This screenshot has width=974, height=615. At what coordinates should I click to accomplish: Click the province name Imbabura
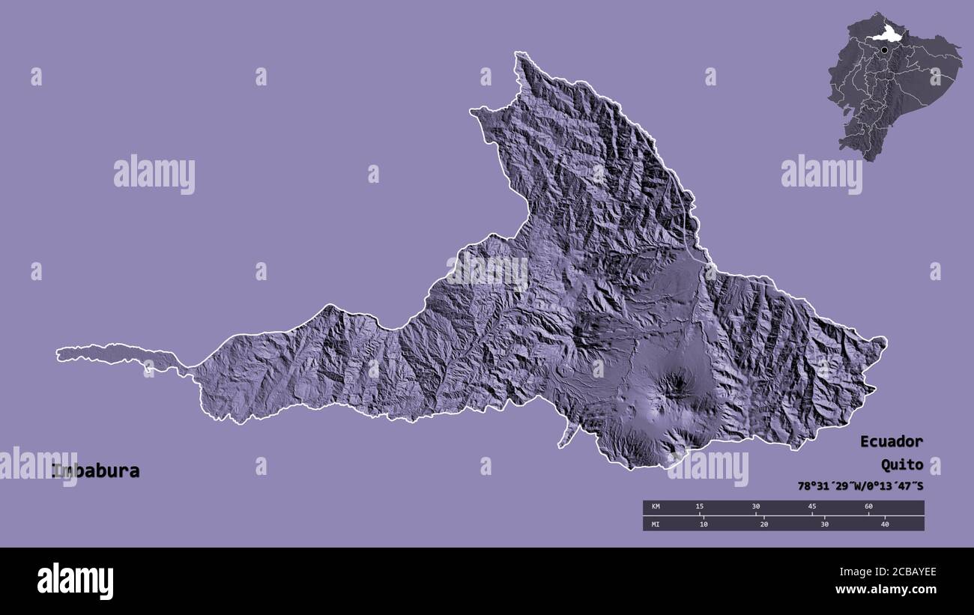96,471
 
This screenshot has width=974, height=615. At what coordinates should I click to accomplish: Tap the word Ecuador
891,441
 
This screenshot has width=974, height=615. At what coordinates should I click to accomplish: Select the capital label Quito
901,464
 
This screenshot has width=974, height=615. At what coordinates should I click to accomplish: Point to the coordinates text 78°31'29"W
829,486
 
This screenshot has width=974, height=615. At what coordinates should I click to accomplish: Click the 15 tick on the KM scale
699,507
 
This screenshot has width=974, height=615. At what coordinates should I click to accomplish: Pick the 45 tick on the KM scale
812,507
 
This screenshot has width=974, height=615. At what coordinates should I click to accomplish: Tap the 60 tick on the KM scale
868,507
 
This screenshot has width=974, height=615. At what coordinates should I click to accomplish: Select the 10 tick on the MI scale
704,524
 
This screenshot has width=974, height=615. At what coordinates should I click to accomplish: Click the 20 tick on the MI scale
764,524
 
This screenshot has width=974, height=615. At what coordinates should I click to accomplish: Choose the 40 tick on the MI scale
885,524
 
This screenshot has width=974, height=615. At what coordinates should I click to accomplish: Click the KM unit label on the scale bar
656,507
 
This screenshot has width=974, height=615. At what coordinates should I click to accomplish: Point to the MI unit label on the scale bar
656,524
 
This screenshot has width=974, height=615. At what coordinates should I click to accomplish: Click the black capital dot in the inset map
885,50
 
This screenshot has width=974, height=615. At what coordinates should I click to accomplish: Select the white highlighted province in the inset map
889,33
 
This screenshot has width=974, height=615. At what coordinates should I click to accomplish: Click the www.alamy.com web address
886,590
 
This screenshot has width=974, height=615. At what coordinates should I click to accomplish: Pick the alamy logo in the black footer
75,581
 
